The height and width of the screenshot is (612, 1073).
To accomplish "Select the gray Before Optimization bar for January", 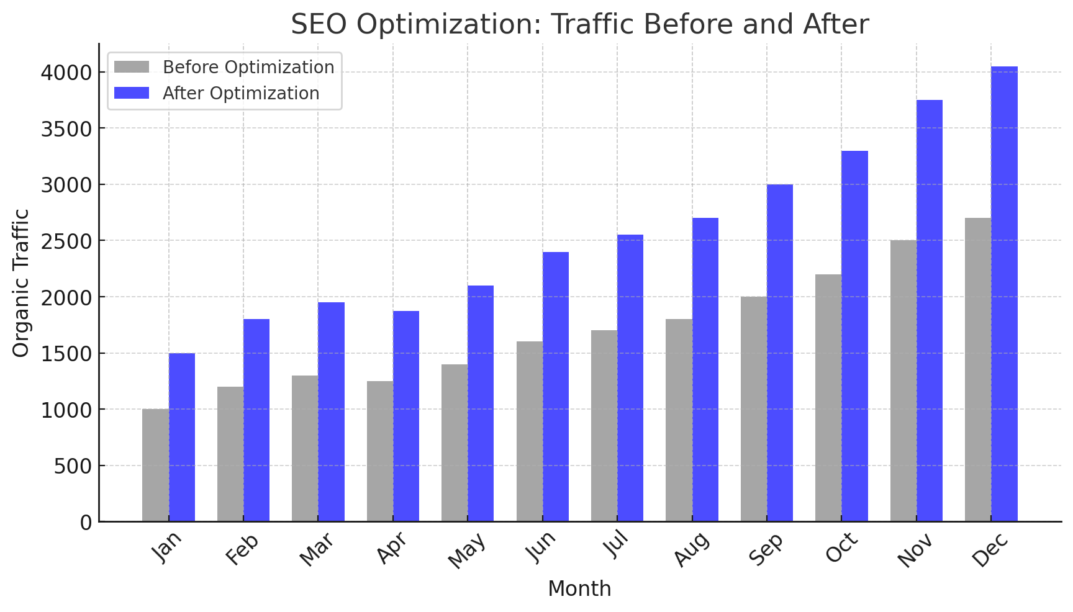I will point(155,465).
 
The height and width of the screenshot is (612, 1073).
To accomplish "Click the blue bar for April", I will point(406,416).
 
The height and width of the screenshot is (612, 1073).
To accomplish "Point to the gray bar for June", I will point(529,431).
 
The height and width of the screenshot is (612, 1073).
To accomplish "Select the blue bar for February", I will point(256,420).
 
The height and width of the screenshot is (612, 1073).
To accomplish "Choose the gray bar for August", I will point(679,420).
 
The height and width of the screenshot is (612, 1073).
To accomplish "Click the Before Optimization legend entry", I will point(248,67).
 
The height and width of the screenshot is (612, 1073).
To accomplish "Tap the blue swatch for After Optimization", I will point(132,93).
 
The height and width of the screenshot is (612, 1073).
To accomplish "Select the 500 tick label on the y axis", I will point(73,466).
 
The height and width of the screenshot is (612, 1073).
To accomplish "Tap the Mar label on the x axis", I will point(317,549).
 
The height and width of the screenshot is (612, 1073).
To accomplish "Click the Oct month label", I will point(841,547).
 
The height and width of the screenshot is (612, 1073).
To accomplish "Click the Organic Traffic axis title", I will point(21,283).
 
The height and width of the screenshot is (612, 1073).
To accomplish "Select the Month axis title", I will point(579,588).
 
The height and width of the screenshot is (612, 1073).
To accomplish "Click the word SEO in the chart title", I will point(319,25).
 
